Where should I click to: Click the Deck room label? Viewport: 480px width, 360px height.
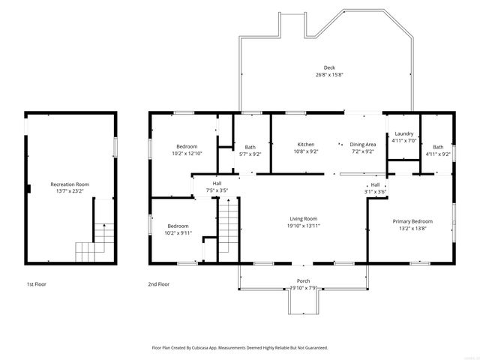329,67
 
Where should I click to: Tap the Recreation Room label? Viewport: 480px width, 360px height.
70,184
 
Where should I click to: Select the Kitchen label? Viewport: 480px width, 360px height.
305,144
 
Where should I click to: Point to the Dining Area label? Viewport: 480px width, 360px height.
362,144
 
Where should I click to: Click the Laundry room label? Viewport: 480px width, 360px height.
404,133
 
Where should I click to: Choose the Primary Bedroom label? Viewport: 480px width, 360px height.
412,221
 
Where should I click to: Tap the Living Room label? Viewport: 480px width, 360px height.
304,219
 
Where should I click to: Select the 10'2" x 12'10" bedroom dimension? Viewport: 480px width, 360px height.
187,153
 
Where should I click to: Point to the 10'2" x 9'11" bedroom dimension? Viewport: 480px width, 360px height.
178,232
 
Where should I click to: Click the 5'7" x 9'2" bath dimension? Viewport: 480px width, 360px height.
250,154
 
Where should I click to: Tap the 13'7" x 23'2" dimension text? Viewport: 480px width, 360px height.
70,191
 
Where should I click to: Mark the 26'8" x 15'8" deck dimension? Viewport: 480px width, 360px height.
329,74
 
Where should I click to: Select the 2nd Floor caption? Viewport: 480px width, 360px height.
159,284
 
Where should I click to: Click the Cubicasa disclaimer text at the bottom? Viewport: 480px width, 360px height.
240,348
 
